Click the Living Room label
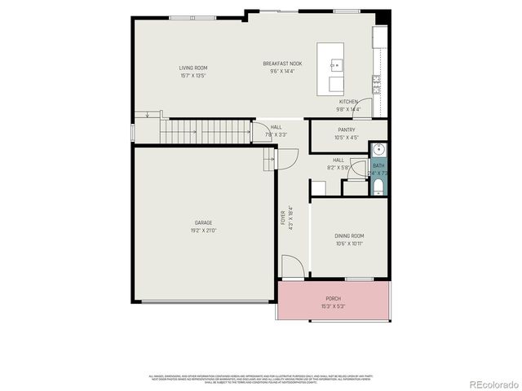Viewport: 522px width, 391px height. (x=193, y=68)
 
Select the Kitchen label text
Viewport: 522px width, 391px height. (x=348, y=101)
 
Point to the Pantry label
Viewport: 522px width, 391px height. (x=346, y=130)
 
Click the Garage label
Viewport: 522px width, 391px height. (x=203, y=222)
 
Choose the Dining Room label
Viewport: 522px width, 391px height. (x=349, y=235)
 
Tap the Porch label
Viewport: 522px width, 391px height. (x=333, y=299)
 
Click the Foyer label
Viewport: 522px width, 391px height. (x=284, y=217)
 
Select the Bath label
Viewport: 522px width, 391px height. (x=378, y=165)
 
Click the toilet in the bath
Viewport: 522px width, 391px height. (x=378, y=188)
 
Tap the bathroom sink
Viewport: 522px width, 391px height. (x=378, y=150)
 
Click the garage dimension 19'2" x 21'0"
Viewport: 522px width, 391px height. (x=204, y=231)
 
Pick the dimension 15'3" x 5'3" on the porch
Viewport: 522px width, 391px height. (x=333, y=307)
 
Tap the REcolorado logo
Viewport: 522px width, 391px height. (x=491, y=383)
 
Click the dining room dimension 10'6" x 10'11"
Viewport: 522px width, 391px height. (x=349, y=244)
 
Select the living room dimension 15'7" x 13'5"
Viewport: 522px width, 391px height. (x=193, y=76)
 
